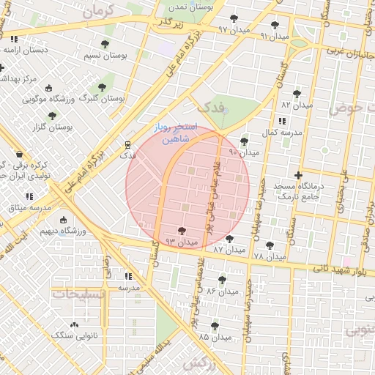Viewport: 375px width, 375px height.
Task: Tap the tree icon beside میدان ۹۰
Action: coord(244,142)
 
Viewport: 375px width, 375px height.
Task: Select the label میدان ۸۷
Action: coord(229,250)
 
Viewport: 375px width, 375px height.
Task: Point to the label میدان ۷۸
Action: coord(269,257)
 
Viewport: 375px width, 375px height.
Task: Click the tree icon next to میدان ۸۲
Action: coord(297,94)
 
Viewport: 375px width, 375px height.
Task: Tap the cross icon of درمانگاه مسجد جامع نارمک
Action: coord(298,175)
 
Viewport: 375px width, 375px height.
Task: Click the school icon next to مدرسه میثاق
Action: coord(30,196)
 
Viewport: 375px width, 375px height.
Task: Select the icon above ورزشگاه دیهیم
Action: coord(63,220)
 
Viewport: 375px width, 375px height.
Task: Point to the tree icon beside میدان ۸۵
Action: coord(215,326)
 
